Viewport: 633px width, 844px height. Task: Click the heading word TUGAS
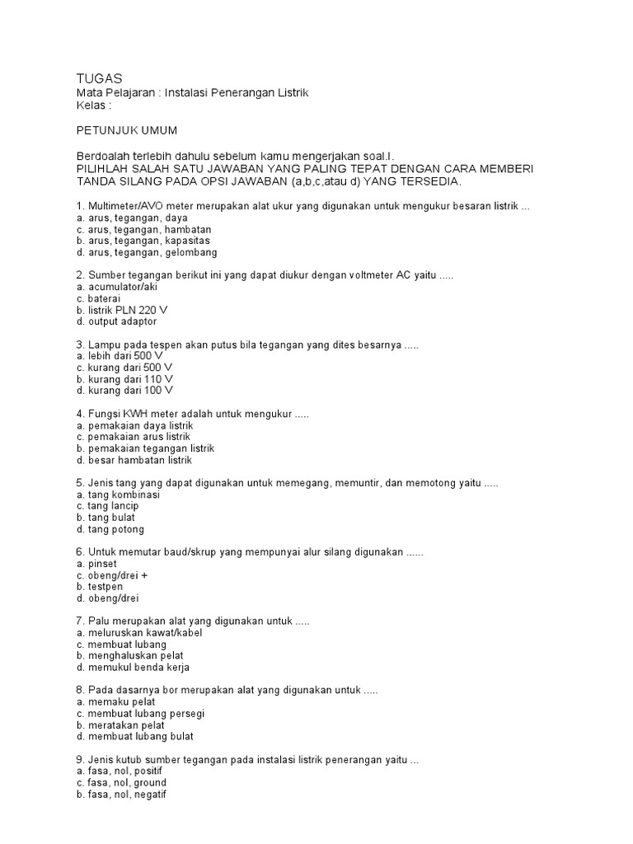click(x=99, y=78)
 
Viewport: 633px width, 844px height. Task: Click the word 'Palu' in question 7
click(x=98, y=621)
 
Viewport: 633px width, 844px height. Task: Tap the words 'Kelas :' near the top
click(x=93, y=106)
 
